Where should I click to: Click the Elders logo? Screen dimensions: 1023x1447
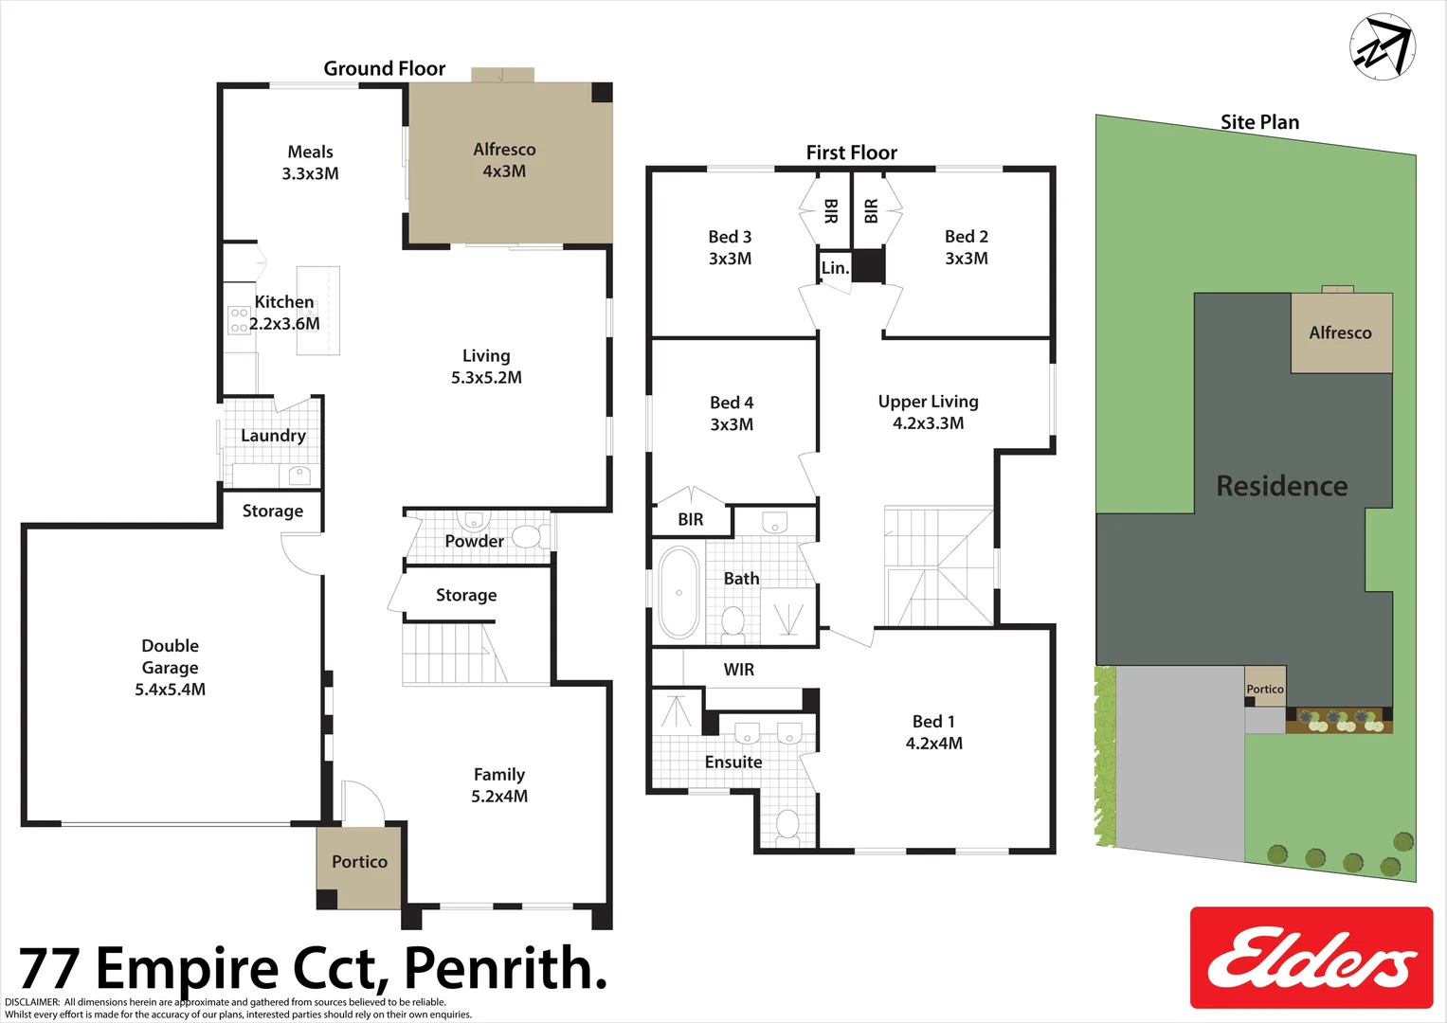click(x=1311, y=958)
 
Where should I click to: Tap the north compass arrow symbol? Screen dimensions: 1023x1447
click(x=1383, y=46)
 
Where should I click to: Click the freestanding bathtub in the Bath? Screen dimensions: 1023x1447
click(x=678, y=592)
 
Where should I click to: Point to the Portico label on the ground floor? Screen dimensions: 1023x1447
click(x=359, y=862)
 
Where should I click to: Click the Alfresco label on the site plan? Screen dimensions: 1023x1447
click(x=1340, y=332)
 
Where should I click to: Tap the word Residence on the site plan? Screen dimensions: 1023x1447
click(x=1281, y=486)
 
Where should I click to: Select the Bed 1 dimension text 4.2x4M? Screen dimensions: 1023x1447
click(x=933, y=744)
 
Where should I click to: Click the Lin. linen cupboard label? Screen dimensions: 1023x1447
click(x=835, y=268)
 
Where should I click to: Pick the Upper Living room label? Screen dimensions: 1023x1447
click(x=928, y=402)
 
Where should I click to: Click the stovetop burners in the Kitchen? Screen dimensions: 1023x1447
click(x=239, y=319)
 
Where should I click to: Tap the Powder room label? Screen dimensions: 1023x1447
click(x=474, y=541)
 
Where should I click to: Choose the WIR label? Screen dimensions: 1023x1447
click(x=739, y=670)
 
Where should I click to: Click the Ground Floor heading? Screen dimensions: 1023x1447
click(x=384, y=68)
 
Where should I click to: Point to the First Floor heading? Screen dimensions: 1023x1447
click(x=851, y=153)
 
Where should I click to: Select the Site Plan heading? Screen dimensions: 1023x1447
click(x=1259, y=122)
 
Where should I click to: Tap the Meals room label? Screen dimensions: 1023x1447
click(x=310, y=152)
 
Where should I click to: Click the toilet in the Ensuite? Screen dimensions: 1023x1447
click(x=787, y=825)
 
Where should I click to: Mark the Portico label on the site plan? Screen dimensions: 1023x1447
click(x=1265, y=690)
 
